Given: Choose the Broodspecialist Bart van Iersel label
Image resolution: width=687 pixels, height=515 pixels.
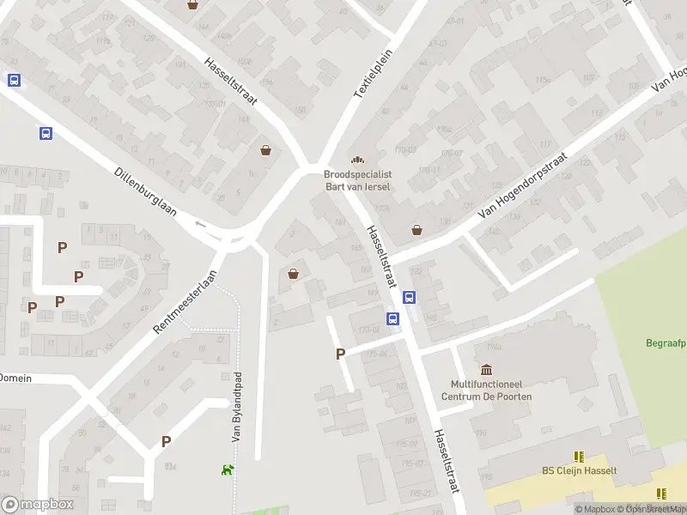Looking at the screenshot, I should click(357, 179).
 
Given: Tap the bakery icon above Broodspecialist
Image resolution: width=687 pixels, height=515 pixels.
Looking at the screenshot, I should click(357, 159).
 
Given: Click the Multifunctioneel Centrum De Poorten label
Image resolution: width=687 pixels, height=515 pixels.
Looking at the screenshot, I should click(486, 391).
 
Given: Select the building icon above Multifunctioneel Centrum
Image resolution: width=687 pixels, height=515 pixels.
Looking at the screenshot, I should click(487, 370).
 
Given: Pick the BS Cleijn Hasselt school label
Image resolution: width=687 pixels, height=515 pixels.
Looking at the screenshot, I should click(579, 470).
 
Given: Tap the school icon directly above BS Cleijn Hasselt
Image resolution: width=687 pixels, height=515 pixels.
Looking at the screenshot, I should click(579, 457).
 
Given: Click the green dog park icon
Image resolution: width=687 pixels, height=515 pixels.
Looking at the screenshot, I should click(228, 470).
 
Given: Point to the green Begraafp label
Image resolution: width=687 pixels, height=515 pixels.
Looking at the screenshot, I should click(665, 344).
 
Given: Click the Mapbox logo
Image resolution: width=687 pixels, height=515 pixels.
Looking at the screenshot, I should click(36, 504).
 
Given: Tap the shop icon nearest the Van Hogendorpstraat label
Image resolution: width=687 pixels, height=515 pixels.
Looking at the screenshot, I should click(417, 229).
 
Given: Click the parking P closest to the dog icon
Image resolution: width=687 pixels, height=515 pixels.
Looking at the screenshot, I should click(166, 441).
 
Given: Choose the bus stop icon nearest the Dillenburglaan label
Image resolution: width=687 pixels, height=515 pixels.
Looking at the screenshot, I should click(45, 133).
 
